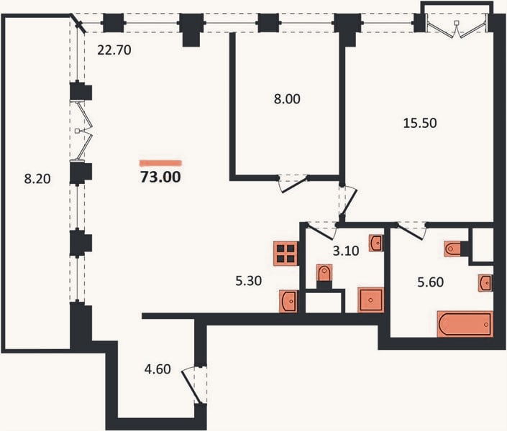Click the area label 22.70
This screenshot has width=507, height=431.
[x=114, y=50]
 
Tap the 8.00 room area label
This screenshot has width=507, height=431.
[x=287, y=99]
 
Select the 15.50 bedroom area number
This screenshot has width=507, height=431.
[x=420, y=123]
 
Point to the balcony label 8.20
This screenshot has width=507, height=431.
[x=37, y=179]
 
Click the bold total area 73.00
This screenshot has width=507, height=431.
[x=160, y=177]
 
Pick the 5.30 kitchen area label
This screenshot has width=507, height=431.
[x=248, y=281]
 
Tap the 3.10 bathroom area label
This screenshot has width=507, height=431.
[x=346, y=251]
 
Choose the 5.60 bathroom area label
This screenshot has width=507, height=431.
[x=430, y=282]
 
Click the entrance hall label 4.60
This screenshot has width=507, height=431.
[x=157, y=369]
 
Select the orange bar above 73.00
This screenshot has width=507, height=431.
[x=160, y=163]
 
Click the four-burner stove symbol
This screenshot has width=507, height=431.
[x=286, y=254]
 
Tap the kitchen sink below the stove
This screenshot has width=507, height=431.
[x=288, y=301]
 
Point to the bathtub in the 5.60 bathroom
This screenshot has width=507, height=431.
[x=465, y=324]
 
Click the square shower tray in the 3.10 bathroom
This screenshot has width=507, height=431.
[x=371, y=300]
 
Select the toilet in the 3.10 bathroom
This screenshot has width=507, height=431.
[x=324, y=274]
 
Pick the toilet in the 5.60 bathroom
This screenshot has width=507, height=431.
[x=452, y=249]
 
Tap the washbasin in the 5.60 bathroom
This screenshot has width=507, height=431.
[x=485, y=283]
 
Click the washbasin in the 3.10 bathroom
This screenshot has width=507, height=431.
[x=376, y=243]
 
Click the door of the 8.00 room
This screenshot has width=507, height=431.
[x=293, y=184]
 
